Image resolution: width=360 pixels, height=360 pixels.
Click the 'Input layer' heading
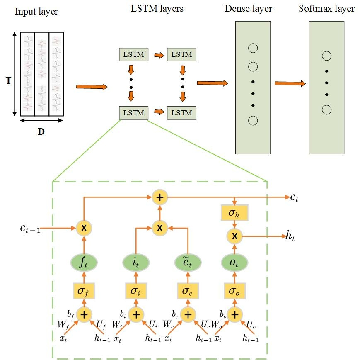pos(36,12)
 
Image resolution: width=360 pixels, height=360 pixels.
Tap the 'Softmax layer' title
pos(326,9)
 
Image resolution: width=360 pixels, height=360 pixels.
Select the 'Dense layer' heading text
pos(248,9)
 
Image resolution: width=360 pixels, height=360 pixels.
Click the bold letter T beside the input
pos(9,80)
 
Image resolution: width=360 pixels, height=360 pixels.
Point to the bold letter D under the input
pos(41,132)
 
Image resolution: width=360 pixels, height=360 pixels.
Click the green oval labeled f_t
pos(84,263)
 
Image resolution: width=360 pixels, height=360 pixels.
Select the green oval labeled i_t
pos(136,263)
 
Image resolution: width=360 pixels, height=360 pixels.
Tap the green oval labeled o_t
pos(234,263)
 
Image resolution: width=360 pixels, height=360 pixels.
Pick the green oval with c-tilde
pos(188,263)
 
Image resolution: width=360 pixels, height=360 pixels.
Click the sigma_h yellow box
pos(234,213)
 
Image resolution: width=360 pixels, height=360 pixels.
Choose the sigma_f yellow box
pos(84,291)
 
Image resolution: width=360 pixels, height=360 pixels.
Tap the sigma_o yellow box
pos(234,291)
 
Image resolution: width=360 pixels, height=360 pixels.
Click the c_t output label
pos(294,197)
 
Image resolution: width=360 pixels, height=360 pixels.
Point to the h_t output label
pos(290,236)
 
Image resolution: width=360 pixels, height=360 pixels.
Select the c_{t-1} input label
pos(30,229)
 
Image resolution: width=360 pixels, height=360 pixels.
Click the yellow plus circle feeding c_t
pos(160,197)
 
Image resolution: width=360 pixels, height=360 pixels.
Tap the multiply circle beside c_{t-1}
pos(84,228)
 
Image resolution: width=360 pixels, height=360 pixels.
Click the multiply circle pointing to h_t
pos(234,236)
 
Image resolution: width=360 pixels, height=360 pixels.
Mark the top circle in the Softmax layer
pos(326,56)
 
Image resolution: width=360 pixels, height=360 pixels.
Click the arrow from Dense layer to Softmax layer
pos(290,83)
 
